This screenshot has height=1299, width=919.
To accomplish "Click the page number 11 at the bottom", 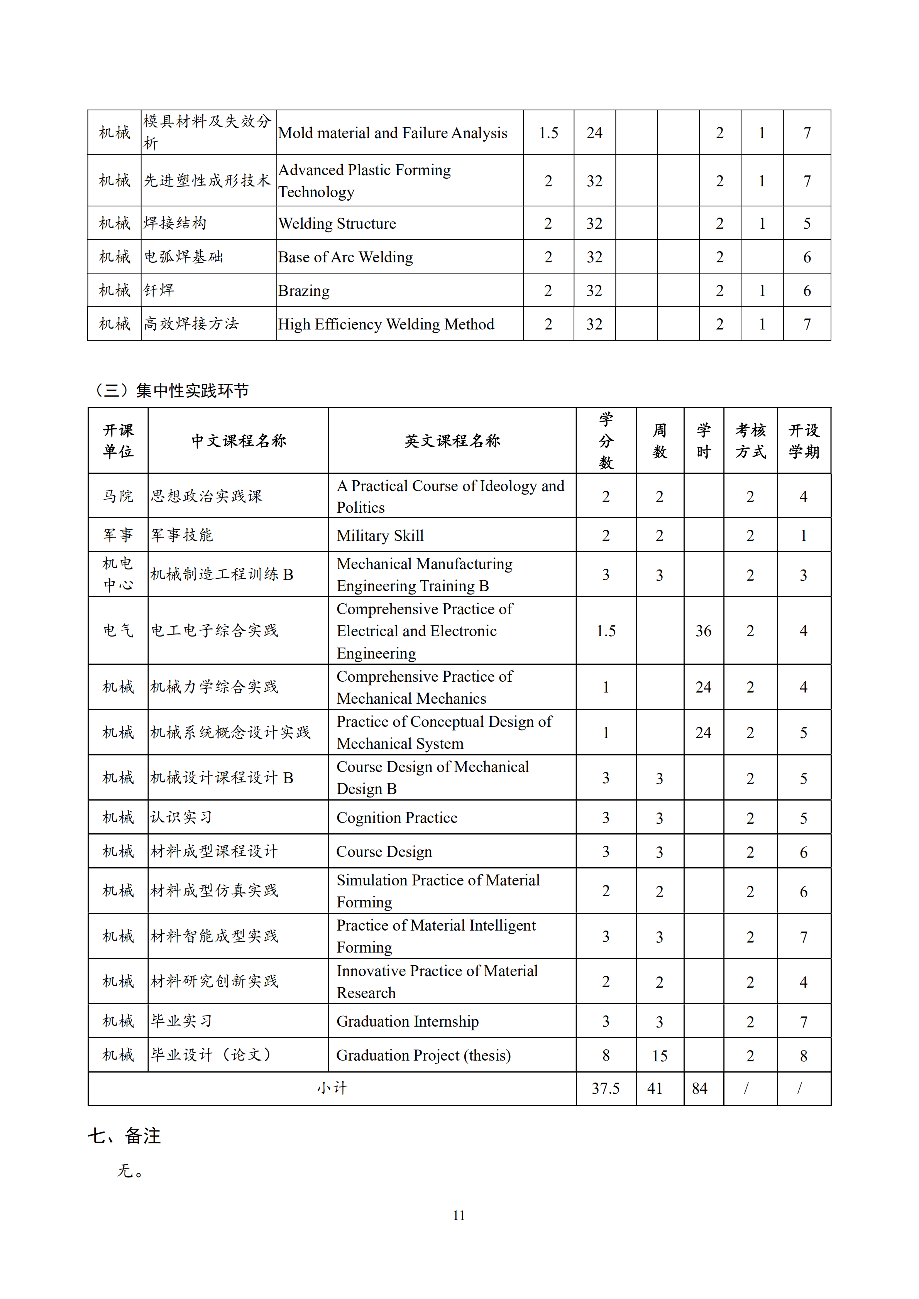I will coord(459,1215).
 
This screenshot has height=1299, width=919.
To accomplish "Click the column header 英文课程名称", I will coord(452,441).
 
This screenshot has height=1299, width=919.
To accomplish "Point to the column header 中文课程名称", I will coord(238,441).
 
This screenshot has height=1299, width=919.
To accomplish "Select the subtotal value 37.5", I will coord(606,1088).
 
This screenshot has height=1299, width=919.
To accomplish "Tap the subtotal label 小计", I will coord(332,1088).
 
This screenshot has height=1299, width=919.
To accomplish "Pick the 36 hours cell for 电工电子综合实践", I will coord(703,631).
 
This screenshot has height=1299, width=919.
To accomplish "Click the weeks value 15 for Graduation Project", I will coord(659,1056).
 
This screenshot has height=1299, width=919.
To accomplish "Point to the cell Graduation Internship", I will coord(408,1021).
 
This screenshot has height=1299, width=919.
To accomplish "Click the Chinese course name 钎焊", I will coord(159,291).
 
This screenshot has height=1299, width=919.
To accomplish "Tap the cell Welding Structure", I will coord(337,223).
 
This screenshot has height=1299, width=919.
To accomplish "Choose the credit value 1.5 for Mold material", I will coord(548,133).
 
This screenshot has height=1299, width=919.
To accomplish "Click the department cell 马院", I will coord(118,496).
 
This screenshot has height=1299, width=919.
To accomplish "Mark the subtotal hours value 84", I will coord(700,1088).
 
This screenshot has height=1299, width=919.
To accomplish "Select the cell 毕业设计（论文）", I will coord(212,1055).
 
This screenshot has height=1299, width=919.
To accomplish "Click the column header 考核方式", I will coord(750,441).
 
